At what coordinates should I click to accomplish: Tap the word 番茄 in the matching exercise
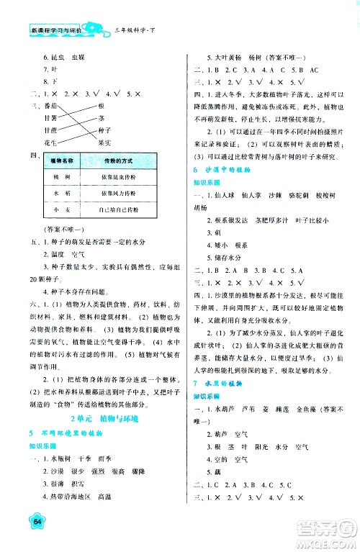[50, 104]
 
